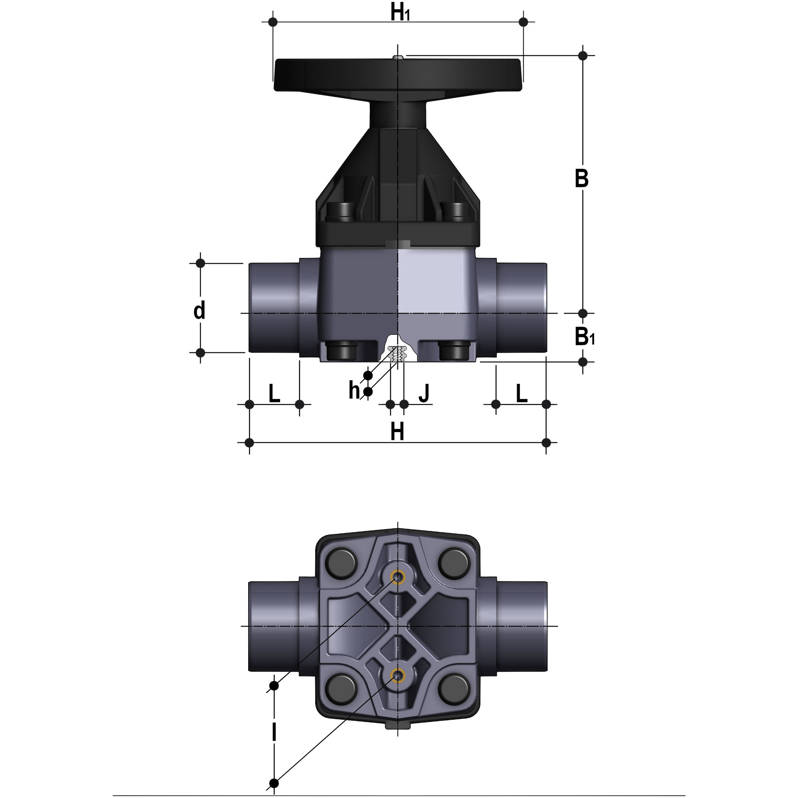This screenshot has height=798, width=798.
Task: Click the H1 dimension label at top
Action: point(400,14)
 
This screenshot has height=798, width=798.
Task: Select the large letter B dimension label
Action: point(582,179)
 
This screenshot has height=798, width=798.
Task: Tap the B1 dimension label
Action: point(584,337)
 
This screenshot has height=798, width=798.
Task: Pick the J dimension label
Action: point(424,393)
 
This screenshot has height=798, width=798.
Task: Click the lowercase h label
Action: point(354,390)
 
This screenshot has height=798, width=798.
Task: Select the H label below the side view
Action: point(397,433)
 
